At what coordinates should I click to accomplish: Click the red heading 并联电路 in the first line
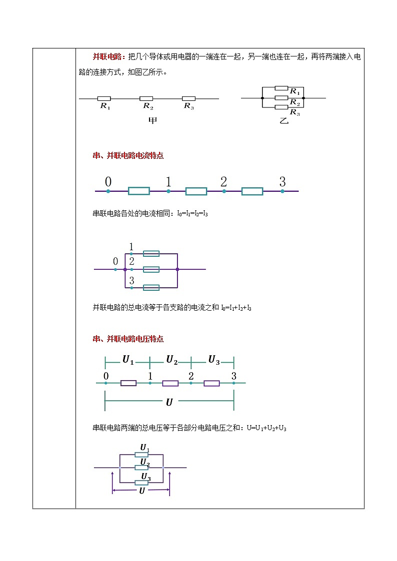pos(107,56)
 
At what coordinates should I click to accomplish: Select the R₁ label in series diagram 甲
pos(105,106)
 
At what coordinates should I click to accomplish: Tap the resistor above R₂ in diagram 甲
pos(146,98)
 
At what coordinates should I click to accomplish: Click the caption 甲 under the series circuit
pos(153,120)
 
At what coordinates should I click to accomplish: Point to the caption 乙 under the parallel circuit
pos(284,120)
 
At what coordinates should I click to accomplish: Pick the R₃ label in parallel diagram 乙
pos(294,112)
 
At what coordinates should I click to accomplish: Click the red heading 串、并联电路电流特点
pos(128,155)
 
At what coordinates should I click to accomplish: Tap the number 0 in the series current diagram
pos(108,182)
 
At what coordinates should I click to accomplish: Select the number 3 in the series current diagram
pos(282,182)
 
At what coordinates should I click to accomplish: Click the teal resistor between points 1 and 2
pos(196,191)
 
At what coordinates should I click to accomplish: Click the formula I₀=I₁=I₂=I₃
pos(192,214)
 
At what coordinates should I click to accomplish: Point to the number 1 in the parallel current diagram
pos(131,246)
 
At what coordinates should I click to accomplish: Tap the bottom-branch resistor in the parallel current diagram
pos(151,287)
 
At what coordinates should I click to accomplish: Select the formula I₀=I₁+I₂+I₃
pos(236,308)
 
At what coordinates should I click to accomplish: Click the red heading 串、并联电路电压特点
pos(128,339)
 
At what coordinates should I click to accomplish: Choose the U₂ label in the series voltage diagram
pos(172,360)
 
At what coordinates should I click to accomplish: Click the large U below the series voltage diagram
pos(169,402)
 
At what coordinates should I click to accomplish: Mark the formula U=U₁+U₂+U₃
pos(266,428)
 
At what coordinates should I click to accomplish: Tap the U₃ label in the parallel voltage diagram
pos(145,477)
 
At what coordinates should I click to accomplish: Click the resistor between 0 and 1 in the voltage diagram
pos(128,383)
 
